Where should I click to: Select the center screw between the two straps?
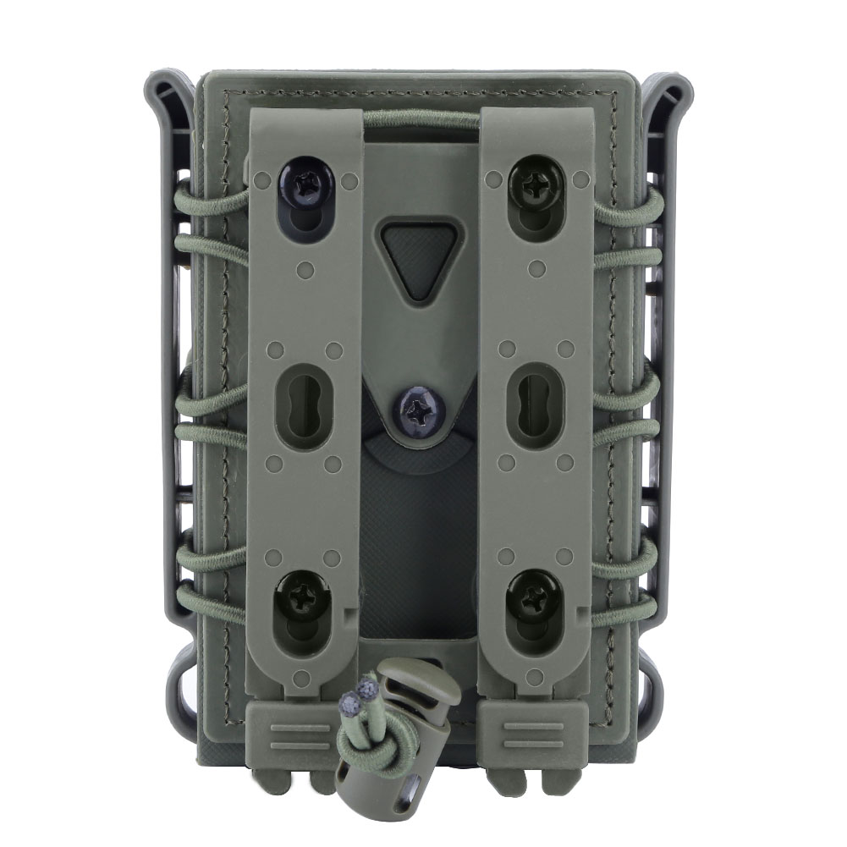coord(421,410)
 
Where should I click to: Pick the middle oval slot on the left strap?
coord(302,405)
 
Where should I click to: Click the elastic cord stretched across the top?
coord(420,119)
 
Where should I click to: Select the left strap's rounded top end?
coord(304,118)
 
